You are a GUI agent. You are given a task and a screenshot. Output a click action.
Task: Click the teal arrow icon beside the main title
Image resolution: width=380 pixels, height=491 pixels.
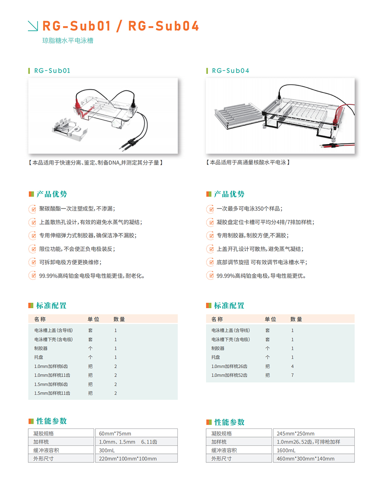pyautogui.click(x=33, y=26)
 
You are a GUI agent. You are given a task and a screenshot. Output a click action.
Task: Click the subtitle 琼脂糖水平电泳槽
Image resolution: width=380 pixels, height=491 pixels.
pyautogui.click(x=68, y=41)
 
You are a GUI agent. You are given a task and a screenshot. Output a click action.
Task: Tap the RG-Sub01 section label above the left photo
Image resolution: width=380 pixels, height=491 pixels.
pyautogui.click(x=52, y=71)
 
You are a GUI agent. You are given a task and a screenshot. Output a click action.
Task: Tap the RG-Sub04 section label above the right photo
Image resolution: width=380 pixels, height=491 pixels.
pyautogui.click(x=231, y=71)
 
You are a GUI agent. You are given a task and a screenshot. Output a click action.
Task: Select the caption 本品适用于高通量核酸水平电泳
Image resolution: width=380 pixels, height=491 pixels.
pyautogui.click(x=248, y=163)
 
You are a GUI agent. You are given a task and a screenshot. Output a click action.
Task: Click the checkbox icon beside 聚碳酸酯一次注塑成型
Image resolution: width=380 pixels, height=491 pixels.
pyautogui.click(x=32, y=209)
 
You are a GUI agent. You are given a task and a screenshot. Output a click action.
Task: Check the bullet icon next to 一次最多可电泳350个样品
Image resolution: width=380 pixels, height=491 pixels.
pyautogui.click(x=210, y=209)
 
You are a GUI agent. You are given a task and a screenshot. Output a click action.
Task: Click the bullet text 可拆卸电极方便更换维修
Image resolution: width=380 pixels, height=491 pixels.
pyautogui.click(x=70, y=263)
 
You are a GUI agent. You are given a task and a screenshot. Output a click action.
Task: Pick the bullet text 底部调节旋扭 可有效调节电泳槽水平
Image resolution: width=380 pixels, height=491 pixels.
pyautogui.click(x=262, y=263)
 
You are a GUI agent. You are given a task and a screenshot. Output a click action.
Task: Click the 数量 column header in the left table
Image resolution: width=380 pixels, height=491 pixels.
pyautogui.click(x=119, y=319)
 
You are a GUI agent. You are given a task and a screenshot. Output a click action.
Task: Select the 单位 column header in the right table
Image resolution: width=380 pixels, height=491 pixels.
pyautogui.click(x=270, y=319)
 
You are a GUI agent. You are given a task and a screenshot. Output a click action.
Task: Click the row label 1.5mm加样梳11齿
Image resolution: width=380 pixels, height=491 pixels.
pyautogui.click(x=52, y=393)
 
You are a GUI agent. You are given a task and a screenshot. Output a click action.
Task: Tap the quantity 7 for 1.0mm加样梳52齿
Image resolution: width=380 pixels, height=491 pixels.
pyautogui.click(x=292, y=375)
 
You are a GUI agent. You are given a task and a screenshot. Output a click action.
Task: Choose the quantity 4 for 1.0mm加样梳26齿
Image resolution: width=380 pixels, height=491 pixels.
pyautogui.click(x=292, y=366)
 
